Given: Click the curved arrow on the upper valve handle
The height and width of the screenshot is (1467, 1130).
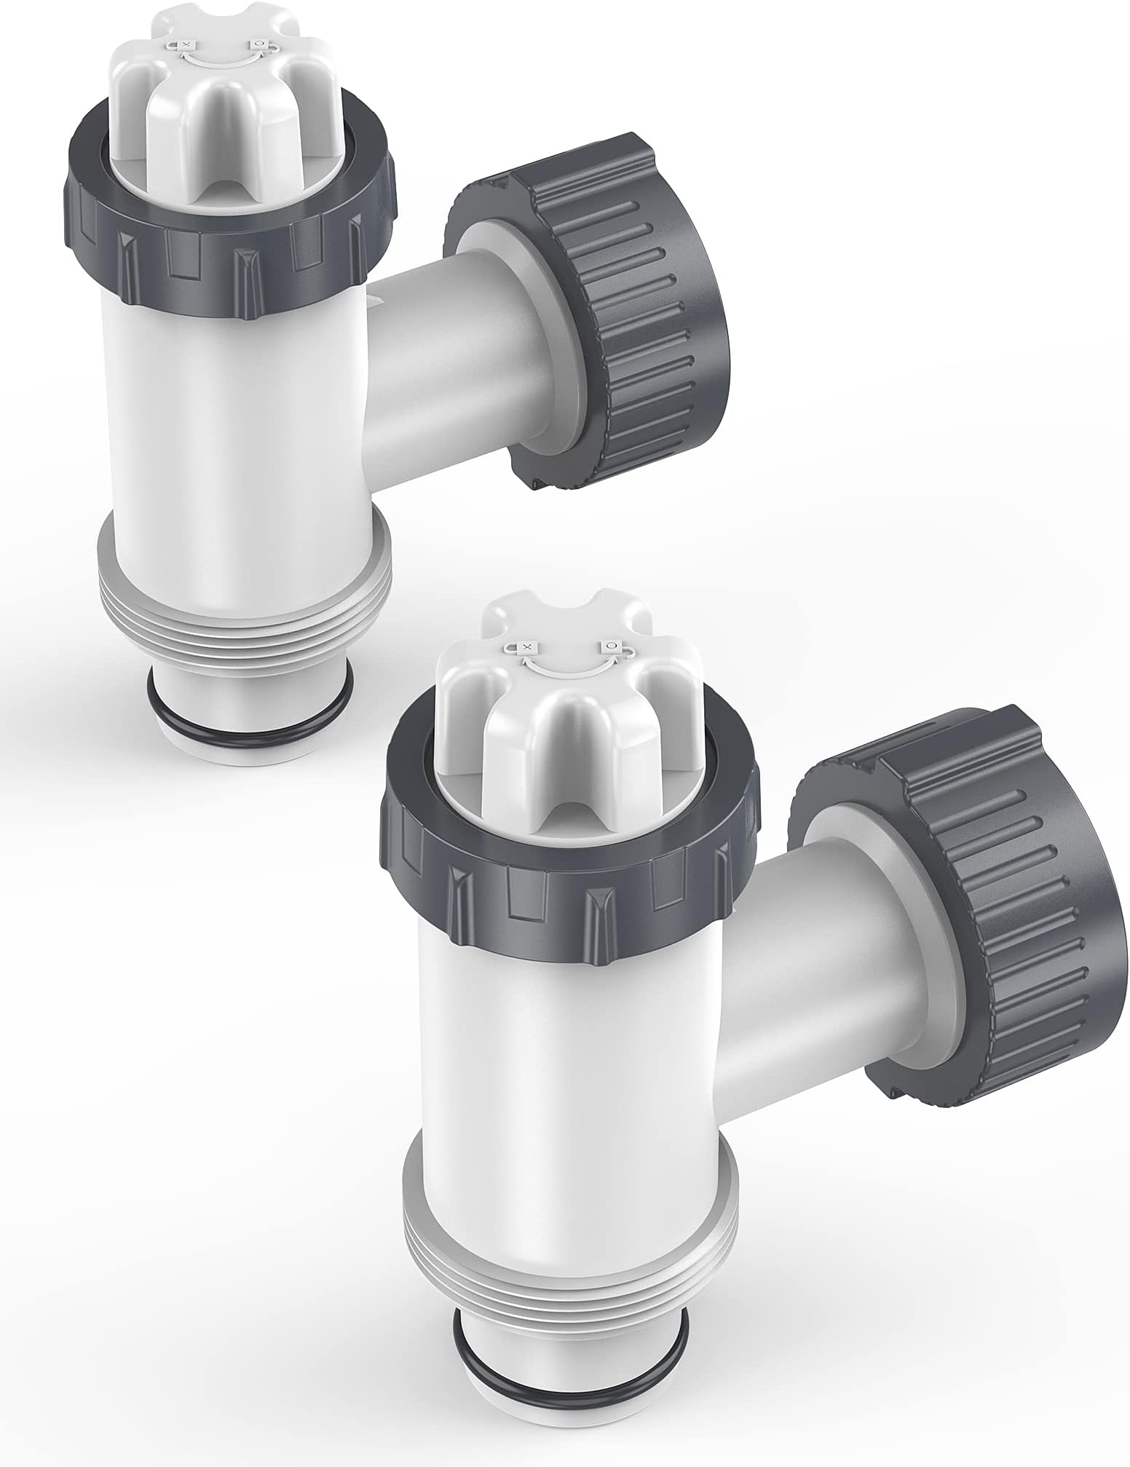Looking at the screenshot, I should coord(222,58).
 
